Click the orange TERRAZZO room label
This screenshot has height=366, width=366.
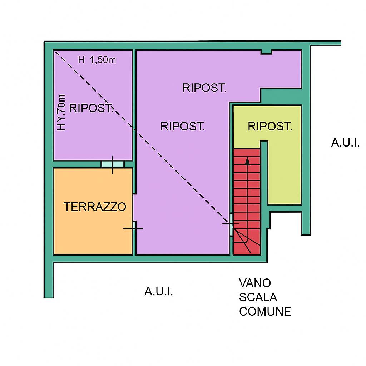pyautogui.click(x=95, y=207)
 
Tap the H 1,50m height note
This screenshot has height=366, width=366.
pyautogui.click(x=97, y=60)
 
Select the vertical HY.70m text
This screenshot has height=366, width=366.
pyautogui.click(x=62, y=112)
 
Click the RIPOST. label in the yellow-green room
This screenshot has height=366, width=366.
pyautogui.click(x=270, y=126)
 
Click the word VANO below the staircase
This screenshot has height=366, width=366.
pyautogui.click(x=255, y=283)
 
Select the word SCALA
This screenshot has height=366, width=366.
pyautogui.click(x=258, y=297)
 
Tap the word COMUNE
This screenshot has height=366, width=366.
pyautogui.click(x=265, y=312)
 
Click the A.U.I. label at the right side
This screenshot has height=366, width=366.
pyautogui.click(x=345, y=143)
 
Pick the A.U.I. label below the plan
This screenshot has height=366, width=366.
pyautogui.click(x=158, y=291)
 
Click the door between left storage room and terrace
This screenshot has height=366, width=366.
pyautogui.click(x=113, y=164)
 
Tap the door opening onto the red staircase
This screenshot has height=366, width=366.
pyautogui.click(x=231, y=224)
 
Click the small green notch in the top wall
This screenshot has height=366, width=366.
pyautogui.click(x=266, y=52)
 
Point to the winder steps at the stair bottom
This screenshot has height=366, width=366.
pyautogui.click(x=247, y=241)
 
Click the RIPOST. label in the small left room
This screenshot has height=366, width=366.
pyautogui.click(x=91, y=108)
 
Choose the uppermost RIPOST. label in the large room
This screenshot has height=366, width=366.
pyautogui.click(x=204, y=88)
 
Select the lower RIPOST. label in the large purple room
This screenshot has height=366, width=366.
pyautogui.click(x=183, y=126)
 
